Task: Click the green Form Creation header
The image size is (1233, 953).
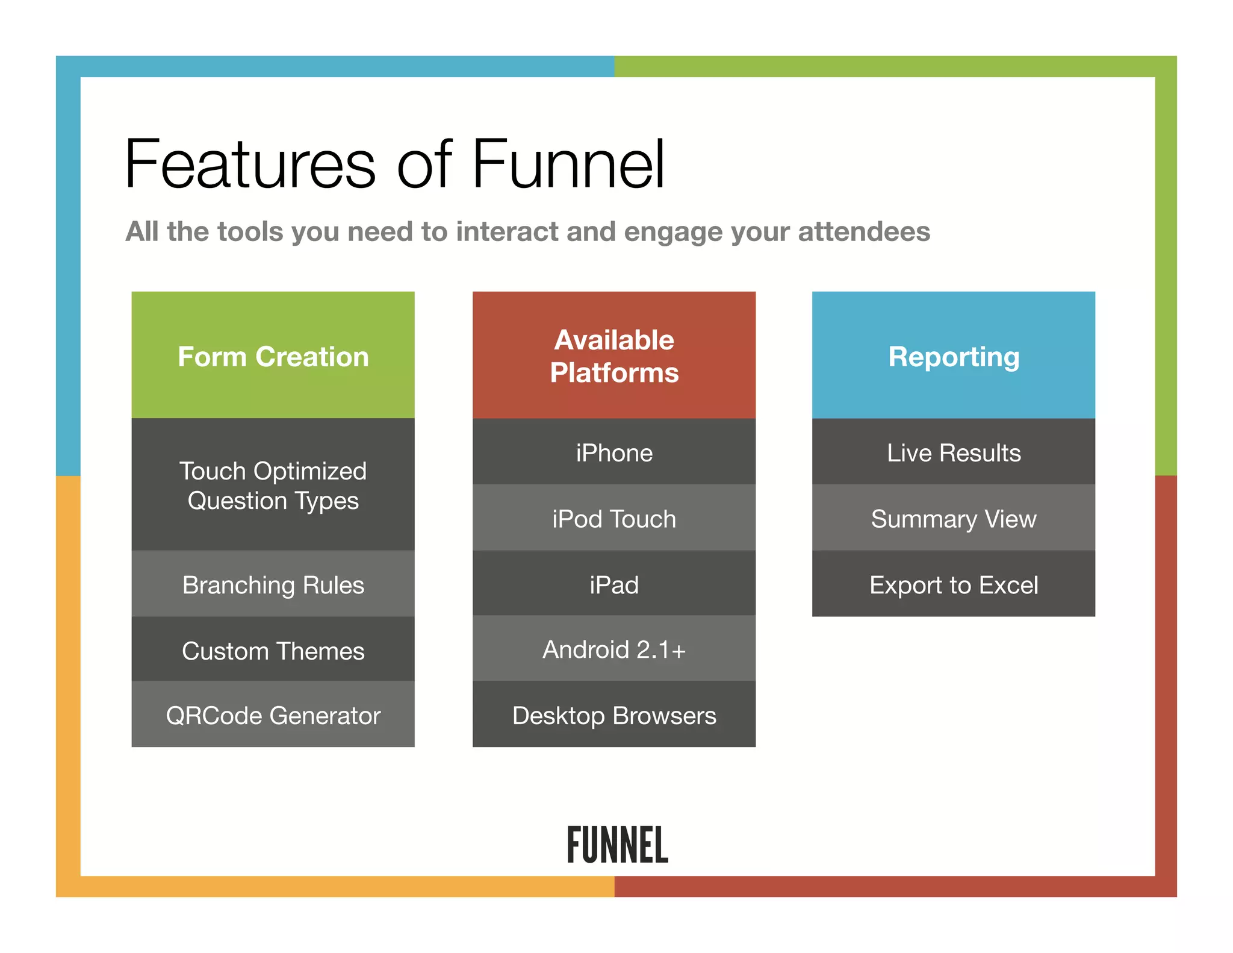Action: click(x=273, y=355)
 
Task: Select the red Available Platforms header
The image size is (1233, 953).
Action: click(x=613, y=355)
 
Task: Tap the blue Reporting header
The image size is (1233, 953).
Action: click(x=953, y=355)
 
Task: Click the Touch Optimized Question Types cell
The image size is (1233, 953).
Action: click(x=273, y=485)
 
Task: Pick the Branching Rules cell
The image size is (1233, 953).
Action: click(x=273, y=584)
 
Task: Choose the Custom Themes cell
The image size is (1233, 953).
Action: click(x=273, y=650)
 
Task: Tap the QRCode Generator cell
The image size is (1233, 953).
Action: click(x=273, y=715)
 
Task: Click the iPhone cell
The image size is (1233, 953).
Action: click(x=613, y=452)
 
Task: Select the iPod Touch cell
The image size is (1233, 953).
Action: click(x=613, y=518)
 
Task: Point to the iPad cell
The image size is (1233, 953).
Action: click(x=613, y=584)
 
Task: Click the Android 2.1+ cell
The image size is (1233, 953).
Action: click(x=613, y=649)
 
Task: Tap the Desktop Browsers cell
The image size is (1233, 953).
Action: click(x=613, y=715)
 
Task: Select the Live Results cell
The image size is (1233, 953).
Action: click(x=953, y=452)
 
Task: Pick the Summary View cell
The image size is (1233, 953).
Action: click(x=953, y=518)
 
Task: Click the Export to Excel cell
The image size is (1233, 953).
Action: click(x=953, y=584)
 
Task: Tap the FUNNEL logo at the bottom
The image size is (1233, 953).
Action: click(x=617, y=845)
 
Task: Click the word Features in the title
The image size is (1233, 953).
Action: click(x=250, y=164)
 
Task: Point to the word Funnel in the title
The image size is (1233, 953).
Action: click(x=568, y=164)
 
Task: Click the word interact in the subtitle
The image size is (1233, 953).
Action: click(x=507, y=232)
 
